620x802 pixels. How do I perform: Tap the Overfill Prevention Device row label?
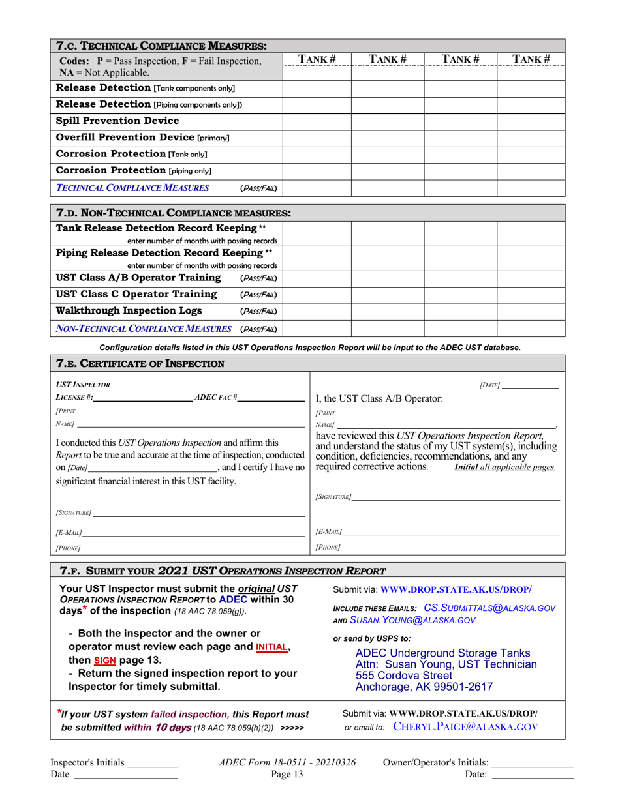pos(143,138)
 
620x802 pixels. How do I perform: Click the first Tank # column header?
pos(317,59)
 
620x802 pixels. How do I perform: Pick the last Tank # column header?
pos(532,59)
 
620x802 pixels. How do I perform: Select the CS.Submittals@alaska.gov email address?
pos(489,608)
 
